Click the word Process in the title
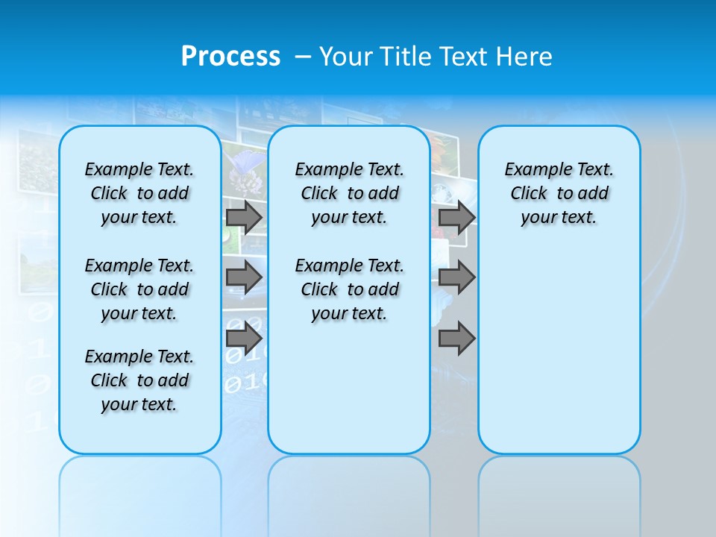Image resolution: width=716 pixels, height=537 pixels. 230,57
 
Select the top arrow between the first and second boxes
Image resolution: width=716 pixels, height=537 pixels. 244,217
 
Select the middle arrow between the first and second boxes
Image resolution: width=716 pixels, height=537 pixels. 244,277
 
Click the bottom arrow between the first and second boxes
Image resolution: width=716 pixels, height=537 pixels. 244,338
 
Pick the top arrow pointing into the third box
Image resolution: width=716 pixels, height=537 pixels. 456,217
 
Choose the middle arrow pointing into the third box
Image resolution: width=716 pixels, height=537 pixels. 456,277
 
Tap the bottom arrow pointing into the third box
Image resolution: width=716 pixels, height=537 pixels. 456,338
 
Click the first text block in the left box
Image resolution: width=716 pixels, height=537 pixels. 139,193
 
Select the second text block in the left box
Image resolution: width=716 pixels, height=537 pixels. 139,289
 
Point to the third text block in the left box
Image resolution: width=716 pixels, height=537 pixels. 139,380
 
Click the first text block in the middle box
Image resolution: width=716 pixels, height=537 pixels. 349,193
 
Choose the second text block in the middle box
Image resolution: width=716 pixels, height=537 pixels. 349,289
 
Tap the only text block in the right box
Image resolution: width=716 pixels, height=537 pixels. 559,193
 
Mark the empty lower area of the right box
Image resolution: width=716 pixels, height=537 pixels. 559,343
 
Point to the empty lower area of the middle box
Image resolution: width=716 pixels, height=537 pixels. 349,388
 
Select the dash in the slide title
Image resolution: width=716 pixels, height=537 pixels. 303,57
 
